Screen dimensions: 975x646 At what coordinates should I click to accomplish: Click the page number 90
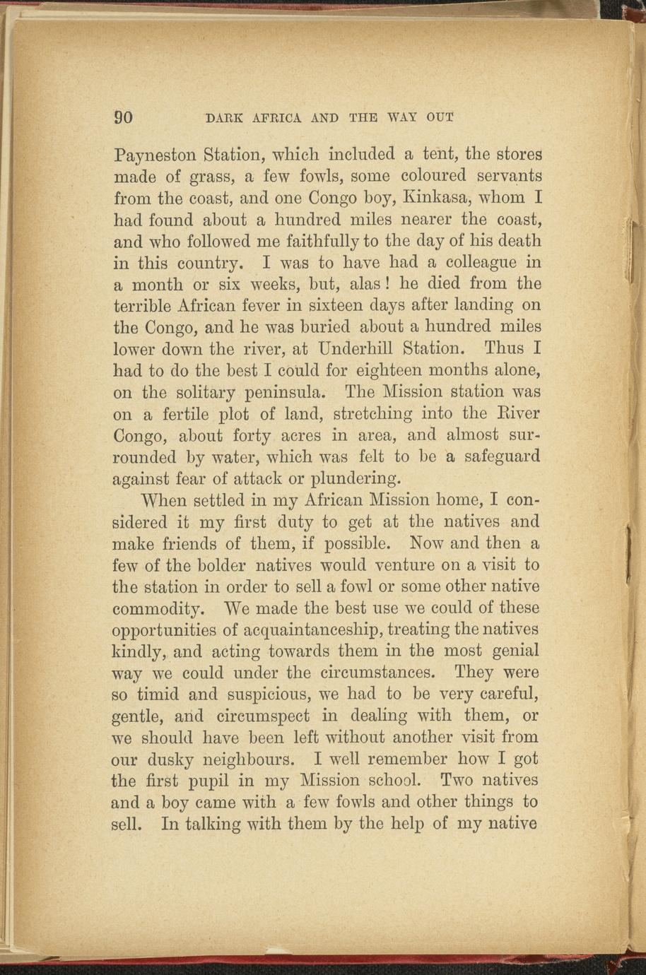[x=124, y=117]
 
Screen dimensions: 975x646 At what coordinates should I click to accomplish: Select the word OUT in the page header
[x=440, y=117]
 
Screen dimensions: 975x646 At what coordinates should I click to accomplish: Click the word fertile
[x=173, y=413]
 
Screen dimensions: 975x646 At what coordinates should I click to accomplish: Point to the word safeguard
[x=503, y=457]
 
